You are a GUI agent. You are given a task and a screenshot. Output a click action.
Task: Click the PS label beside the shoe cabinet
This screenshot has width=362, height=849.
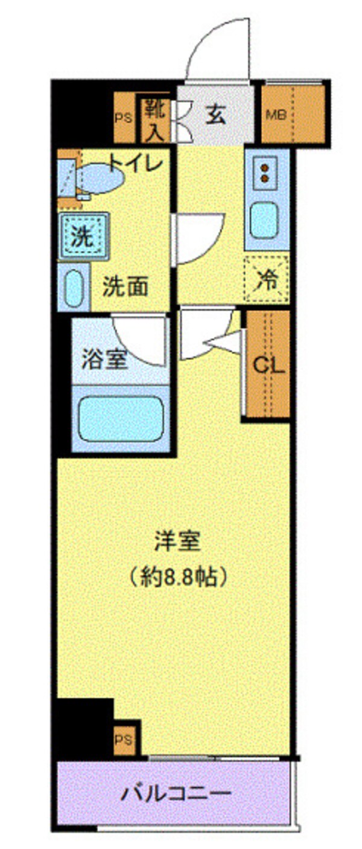tap(123, 118)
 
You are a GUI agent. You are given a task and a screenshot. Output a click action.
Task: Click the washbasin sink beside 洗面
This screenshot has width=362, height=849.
tap(73, 286)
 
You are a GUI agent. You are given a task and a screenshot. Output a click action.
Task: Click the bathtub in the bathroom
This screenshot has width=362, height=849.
tap(121, 419)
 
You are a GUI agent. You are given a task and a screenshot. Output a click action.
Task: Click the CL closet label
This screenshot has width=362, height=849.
tap(267, 365)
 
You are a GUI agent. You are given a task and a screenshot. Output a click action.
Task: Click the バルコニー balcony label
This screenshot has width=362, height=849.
tap(176, 793)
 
